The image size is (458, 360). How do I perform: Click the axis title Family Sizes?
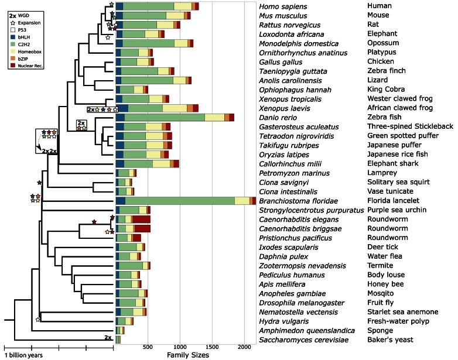(x=186, y=355)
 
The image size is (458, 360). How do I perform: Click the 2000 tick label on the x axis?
(x=245, y=347)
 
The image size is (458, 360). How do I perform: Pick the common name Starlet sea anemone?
(x=402, y=312)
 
